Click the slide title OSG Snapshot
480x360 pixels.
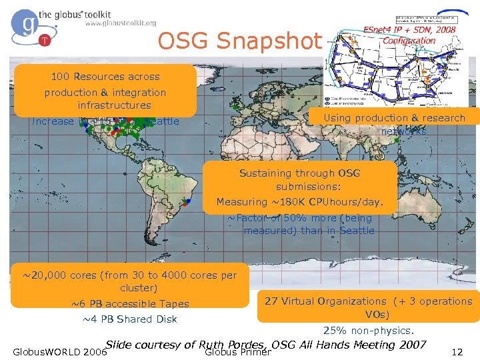[239, 42]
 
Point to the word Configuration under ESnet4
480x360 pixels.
[409, 41]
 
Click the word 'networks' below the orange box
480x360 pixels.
[403, 131]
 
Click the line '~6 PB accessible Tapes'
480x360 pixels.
[130, 304]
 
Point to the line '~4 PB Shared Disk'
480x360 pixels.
[129, 319]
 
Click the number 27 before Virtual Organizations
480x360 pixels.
[271, 301]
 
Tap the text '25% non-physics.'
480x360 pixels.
[369, 331]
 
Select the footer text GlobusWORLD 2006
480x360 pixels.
[56, 352]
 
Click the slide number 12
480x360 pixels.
[457, 352]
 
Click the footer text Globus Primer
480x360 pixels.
[237, 353]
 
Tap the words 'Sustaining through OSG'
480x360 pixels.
[299, 173]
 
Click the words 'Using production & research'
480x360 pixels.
[394, 118]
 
